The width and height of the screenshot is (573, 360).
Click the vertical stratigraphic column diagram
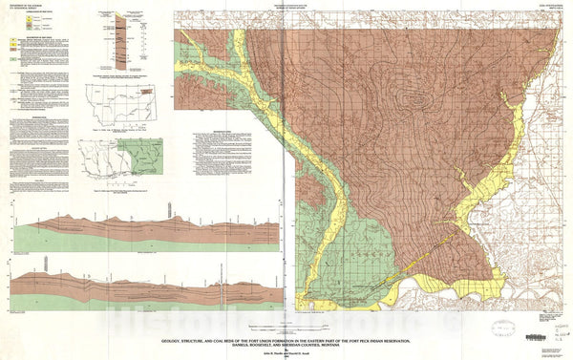click(121, 37)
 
